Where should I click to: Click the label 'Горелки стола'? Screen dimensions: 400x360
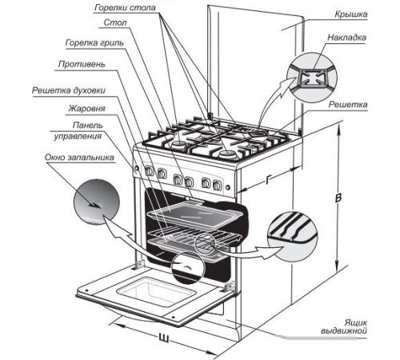pos(125,8)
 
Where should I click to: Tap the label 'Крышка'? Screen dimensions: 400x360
pos(351,14)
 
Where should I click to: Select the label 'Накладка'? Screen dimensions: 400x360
pos(346,37)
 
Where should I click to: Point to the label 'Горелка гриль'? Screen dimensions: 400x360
pos(94,42)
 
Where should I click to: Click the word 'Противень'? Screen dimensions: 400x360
pos(82,64)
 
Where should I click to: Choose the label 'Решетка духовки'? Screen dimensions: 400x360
pos(69,90)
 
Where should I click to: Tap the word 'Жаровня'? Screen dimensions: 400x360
pos(87,108)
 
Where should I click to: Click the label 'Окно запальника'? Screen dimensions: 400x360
pos(79,157)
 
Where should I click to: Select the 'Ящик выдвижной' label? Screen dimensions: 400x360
pos(344,326)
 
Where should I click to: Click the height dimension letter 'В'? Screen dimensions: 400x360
pos(338,198)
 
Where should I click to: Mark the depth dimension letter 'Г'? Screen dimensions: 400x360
pos(268,180)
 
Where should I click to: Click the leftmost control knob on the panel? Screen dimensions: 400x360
pos(150,171)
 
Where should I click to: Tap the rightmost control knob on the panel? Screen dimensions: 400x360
pos(217,185)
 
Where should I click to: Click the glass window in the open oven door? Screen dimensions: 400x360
pos(156,291)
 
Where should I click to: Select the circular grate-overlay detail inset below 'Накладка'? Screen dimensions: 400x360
pos(312,78)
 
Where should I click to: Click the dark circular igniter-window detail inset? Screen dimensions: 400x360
pos(97,202)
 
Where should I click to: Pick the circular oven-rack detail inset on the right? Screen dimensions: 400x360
pos(293,237)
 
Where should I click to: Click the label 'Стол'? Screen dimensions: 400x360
pos(115,22)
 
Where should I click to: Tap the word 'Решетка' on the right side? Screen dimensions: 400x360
pos(348,104)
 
